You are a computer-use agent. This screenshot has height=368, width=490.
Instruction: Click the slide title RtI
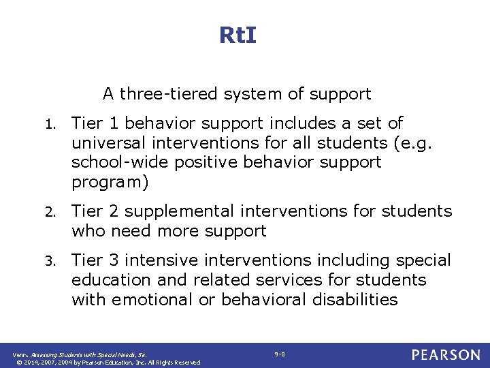pos(238,35)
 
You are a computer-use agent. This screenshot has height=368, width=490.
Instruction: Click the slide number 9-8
pos(280,354)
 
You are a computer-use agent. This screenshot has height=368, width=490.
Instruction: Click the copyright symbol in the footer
pos(18,363)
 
